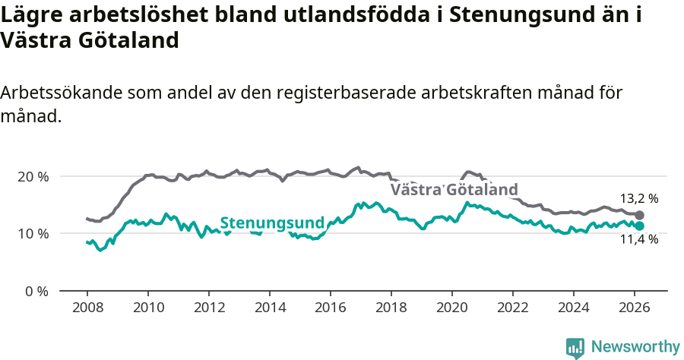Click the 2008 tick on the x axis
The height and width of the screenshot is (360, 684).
[x=87, y=308]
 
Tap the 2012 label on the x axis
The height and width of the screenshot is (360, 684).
[x=208, y=308]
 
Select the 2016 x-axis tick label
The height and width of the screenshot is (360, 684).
[x=331, y=308]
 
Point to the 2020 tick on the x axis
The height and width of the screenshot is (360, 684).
[x=452, y=308]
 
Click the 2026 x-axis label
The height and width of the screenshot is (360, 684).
[x=635, y=308]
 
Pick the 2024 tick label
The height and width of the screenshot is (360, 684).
[x=574, y=308]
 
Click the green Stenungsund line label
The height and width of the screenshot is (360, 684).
[x=272, y=223]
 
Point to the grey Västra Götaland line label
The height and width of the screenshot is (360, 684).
[x=454, y=190]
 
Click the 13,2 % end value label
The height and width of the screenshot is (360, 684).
[x=639, y=199]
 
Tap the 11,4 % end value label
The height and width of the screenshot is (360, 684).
[x=639, y=240]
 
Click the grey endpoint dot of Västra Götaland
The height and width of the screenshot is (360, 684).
[x=639, y=216]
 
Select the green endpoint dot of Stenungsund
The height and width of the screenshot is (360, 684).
[x=639, y=226]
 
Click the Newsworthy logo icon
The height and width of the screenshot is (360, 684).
[x=575, y=347]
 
